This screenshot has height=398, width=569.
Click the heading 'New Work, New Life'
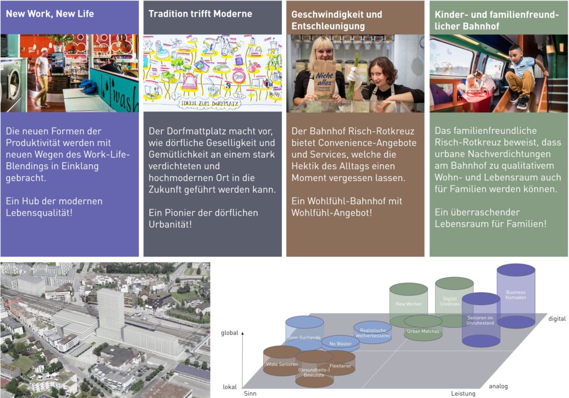click(x=50, y=13)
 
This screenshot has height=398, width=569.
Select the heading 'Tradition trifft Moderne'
click(x=200, y=13)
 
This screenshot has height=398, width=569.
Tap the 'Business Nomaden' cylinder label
click(x=516, y=295)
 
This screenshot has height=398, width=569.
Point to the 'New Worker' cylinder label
click(x=408, y=304)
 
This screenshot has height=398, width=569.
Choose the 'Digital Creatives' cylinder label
click(x=450, y=301)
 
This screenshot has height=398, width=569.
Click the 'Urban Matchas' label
click(x=423, y=331)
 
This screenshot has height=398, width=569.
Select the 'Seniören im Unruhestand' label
click(x=481, y=319)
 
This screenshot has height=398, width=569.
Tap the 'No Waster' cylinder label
click(x=340, y=345)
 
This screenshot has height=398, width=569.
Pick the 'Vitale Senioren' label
click(x=282, y=364)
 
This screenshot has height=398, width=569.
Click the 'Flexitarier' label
click(x=340, y=366)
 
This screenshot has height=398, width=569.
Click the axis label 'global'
click(x=229, y=333)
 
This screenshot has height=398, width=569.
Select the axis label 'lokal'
click(x=230, y=386)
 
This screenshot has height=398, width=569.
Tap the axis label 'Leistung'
click(x=463, y=394)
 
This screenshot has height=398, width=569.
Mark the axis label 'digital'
click(x=557, y=319)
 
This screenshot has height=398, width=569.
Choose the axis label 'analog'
click(x=498, y=386)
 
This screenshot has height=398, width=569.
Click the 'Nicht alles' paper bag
click(x=325, y=78)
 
